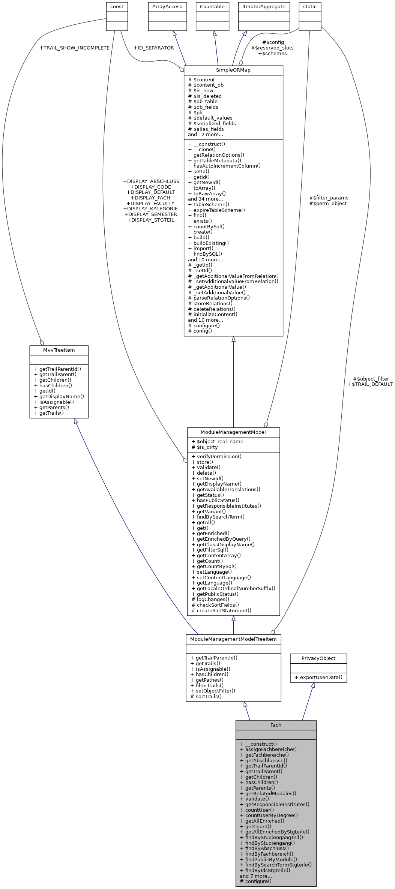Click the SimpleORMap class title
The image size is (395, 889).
(233, 70)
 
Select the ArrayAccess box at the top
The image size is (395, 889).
(167, 7)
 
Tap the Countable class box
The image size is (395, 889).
(212, 7)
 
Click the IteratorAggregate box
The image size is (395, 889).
(263, 7)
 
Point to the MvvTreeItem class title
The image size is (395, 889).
(59, 350)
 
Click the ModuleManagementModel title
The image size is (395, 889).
(233, 432)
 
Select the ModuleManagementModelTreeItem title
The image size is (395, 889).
(233, 639)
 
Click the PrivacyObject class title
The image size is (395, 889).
(318, 658)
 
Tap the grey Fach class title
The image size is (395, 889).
(276, 725)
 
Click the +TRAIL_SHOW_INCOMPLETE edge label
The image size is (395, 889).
(74, 48)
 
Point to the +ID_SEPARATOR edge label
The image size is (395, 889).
(153, 48)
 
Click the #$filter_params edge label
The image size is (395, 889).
(329, 198)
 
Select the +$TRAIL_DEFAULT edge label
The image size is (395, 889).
(370, 384)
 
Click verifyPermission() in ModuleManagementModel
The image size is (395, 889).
(216, 457)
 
